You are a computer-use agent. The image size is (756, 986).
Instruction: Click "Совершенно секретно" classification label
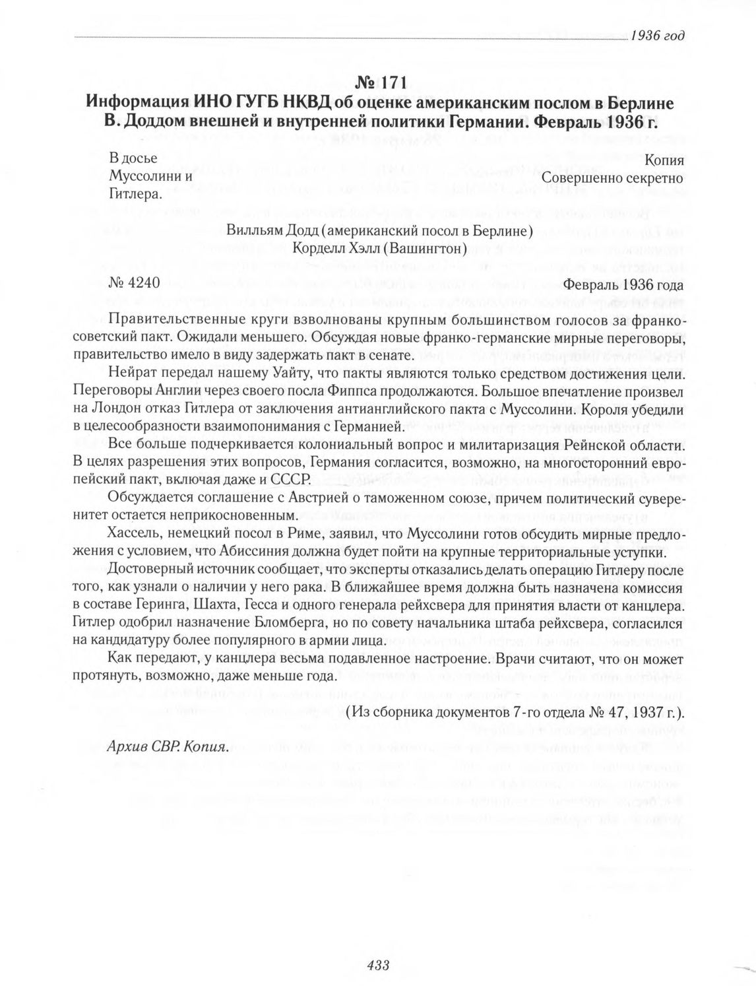[613, 178]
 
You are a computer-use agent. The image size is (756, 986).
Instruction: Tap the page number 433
[379, 965]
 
